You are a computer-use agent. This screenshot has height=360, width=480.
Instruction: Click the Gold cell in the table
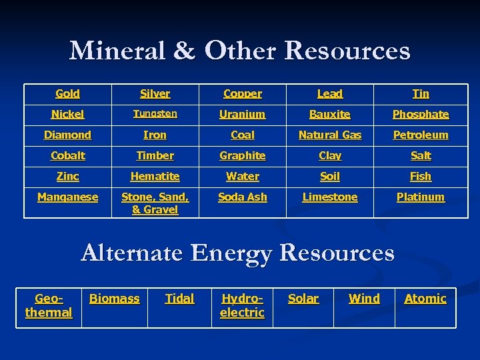click(x=67, y=94)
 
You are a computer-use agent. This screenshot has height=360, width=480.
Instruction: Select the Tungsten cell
click(x=155, y=114)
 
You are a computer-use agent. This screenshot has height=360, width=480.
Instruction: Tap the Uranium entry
click(x=243, y=115)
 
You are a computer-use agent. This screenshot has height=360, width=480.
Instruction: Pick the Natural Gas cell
click(x=330, y=135)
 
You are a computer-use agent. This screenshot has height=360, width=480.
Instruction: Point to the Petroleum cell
click(x=421, y=135)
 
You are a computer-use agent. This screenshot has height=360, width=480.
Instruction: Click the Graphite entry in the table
click(x=243, y=156)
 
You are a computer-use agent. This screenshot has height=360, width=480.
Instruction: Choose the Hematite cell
click(x=155, y=177)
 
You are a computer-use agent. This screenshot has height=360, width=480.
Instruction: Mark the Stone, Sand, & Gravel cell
click(x=155, y=203)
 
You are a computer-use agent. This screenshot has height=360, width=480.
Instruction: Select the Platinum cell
click(x=421, y=197)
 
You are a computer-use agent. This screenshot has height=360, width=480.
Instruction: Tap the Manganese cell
click(x=67, y=197)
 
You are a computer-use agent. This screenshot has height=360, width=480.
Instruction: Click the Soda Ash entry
click(x=243, y=197)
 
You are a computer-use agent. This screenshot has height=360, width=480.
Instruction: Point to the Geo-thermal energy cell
click(x=49, y=305)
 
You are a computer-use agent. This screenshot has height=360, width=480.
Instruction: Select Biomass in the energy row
click(x=115, y=299)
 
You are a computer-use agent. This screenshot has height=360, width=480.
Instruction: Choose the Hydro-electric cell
click(x=243, y=305)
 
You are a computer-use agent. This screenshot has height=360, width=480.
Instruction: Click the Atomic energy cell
click(x=425, y=299)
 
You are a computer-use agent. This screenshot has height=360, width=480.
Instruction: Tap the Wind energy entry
click(x=364, y=299)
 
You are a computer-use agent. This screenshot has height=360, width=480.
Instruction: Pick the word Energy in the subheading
click(x=231, y=254)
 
